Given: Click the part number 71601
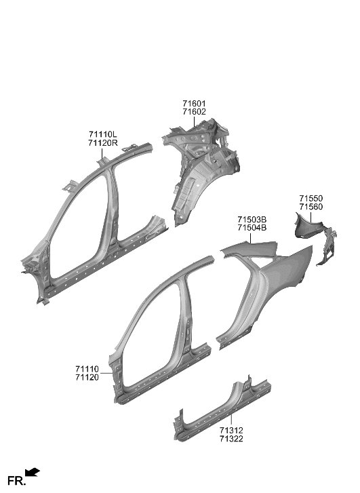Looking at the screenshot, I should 194,104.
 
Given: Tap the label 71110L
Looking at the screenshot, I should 102,135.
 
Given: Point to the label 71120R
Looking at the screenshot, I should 102,144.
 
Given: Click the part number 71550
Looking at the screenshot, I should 311,198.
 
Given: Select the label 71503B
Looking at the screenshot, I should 252,220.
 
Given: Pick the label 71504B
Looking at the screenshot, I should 252,229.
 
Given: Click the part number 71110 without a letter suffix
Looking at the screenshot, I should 88,368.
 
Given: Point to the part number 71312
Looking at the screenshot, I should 232,431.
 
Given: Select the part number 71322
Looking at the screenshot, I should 232,439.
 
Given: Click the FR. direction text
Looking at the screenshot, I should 16,482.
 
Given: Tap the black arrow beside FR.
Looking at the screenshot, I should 33,472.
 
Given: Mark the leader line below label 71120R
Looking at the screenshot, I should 102,154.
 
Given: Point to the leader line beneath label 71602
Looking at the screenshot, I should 194,121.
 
